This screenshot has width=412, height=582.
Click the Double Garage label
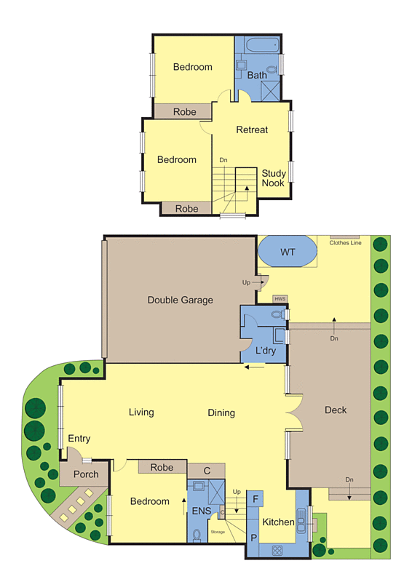pos(180,300)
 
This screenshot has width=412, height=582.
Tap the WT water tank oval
pos(288,252)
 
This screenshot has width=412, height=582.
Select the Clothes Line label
pos(345,243)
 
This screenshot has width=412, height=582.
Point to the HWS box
pos(280,299)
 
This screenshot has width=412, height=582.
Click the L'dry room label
pos(265,351)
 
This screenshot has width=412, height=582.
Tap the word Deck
pos(336,410)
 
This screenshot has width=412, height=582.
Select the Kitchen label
pos(278,522)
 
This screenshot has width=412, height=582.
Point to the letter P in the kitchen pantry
pos(254,538)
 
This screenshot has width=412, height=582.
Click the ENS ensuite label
pos(201,511)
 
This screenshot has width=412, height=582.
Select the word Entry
pos(79,439)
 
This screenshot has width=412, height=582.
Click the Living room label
pos(141,412)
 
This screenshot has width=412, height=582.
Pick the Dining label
pos(221,413)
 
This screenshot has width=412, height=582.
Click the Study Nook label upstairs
pos(274,178)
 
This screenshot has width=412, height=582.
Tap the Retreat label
pos(252,129)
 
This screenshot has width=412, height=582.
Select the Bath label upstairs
pos(257,75)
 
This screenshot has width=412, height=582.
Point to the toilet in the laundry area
pos(277,315)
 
